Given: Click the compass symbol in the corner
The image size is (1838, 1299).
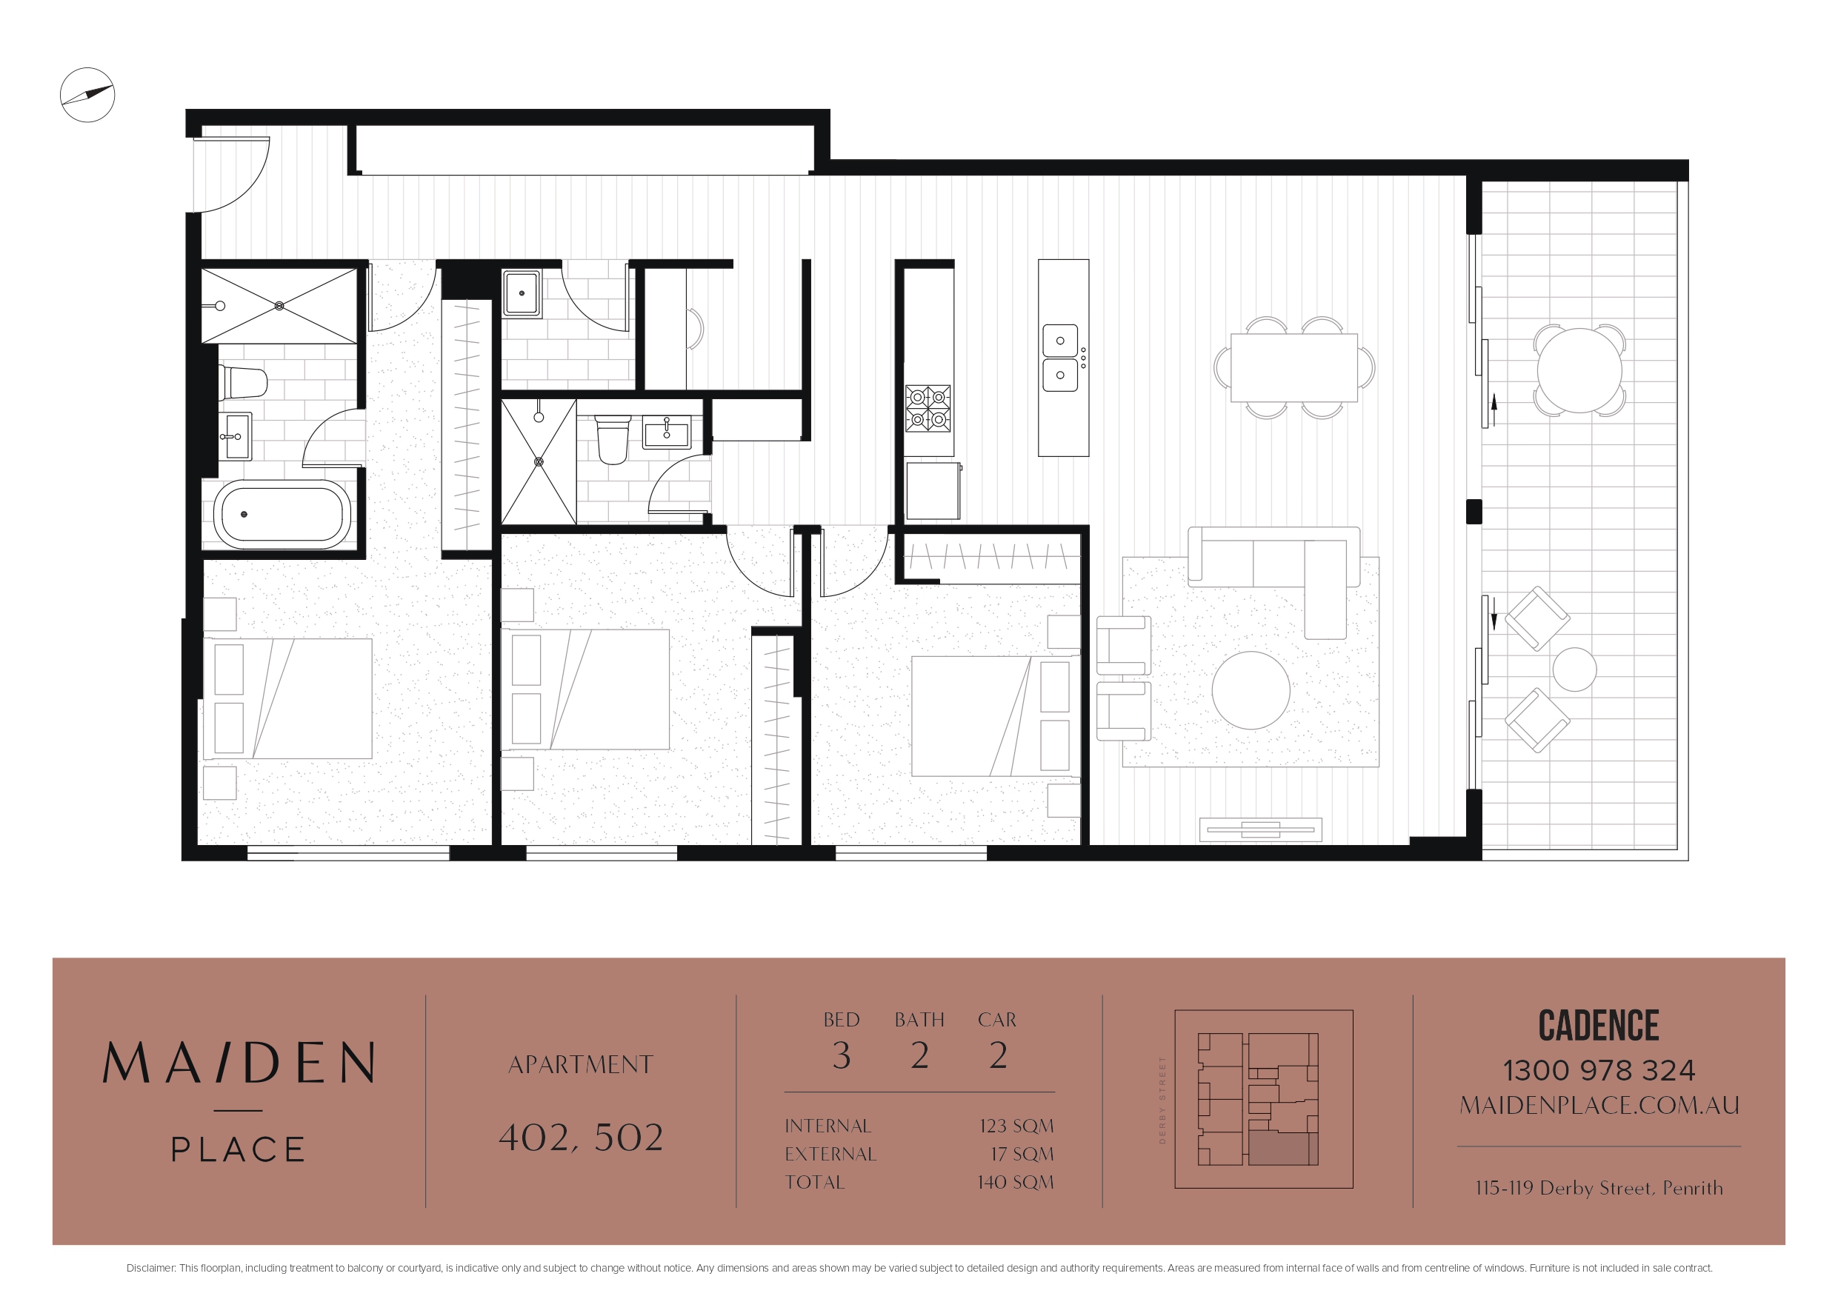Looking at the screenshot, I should (x=87, y=95).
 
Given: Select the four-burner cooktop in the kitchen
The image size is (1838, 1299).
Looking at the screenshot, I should (x=928, y=408).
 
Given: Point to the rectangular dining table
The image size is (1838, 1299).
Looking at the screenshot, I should (x=1293, y=367).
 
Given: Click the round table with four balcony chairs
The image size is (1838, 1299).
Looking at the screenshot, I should (x=1579, y=370).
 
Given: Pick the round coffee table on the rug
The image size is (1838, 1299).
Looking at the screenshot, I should (x=1251, y=690).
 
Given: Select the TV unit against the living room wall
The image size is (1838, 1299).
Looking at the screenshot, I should (x=1260, y=829).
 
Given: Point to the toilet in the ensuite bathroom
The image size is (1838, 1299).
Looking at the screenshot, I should (x=613, y=438).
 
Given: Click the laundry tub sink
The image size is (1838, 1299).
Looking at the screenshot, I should (x=521, y=294).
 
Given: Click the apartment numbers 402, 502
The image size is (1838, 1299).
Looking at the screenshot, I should (x=581, y=1138).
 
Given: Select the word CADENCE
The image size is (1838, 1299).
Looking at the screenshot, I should (x=1598, y=1025).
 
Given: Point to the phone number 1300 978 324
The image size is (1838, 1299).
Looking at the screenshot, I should (x=1598, y=1070).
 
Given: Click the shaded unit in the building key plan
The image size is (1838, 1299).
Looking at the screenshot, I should (x=1283, y=1149).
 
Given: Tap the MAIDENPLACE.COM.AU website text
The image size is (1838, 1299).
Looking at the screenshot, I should (x=1599, y=1105).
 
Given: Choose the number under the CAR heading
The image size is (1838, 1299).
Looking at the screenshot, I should (x=997, y=1055).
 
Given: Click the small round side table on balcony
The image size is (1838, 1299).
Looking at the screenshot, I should (x=1574, y=669).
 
